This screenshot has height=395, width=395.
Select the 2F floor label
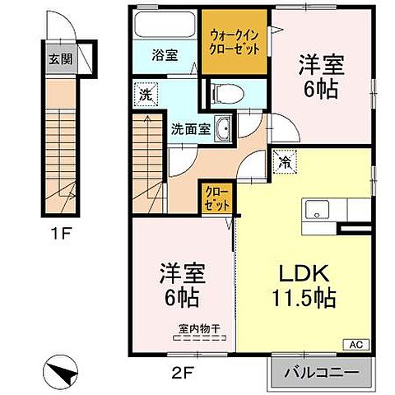point(183,370)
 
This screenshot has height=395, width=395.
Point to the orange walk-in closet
point(235,41)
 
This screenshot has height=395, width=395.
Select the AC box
point(359,344)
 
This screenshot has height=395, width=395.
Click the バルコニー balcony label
point(321,372)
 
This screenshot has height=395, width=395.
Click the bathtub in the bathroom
point(166,24)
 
